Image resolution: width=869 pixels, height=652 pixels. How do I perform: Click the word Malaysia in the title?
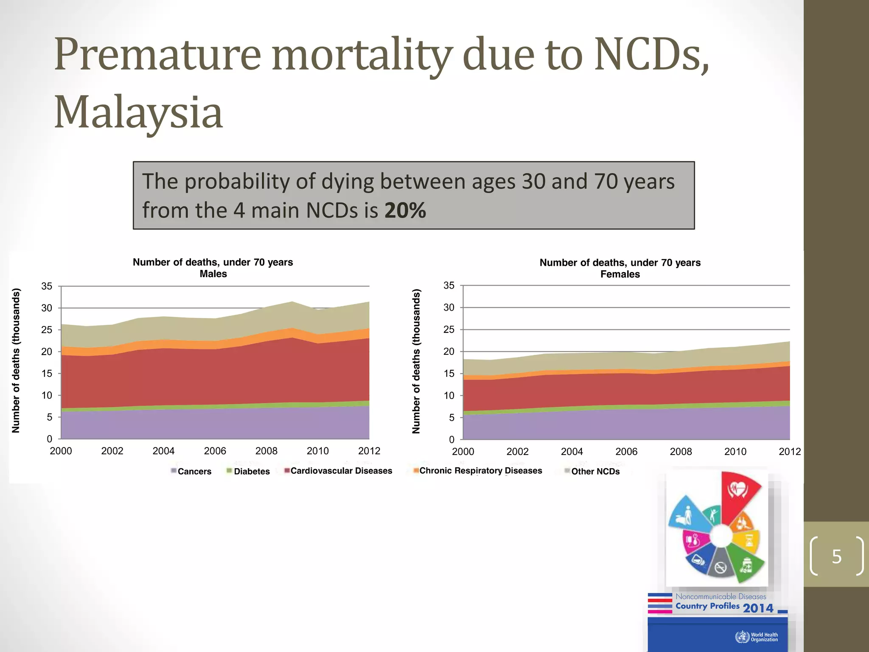coord(138,112)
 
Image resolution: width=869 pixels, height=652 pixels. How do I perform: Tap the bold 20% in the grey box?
coord(405,211)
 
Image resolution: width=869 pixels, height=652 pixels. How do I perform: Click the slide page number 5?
coord(836,556)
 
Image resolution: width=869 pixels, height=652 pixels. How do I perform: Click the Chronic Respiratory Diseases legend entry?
coord(478,471)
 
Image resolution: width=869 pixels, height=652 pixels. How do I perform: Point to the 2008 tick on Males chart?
coord(266,451)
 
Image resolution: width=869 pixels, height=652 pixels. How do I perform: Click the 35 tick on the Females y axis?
coord(449,286)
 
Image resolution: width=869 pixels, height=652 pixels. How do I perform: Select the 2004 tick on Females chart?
coord(572,452)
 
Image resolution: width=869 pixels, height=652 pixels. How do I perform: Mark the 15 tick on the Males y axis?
coord(47,374)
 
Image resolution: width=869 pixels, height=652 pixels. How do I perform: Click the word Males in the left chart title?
coord(213,274)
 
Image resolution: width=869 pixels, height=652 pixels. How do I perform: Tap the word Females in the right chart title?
coord(620,274)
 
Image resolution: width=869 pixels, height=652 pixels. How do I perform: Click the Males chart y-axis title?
coord(16,361)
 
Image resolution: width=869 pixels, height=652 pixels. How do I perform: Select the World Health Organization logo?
coord(757,637)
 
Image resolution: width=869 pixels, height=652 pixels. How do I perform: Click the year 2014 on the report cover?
coord(758,608)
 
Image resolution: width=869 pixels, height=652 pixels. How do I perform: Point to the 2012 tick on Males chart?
coord(369,451)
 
